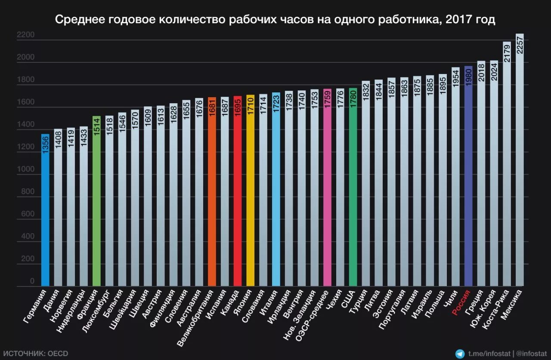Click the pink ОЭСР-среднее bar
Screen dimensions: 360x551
pyautogui.click(x=327, y=194)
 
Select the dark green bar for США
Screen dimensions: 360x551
pyautogui.click(x=353, y=194)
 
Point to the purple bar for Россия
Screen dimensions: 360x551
pyautogui.click(x=468, y=181)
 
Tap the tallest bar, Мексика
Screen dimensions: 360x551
pyautogui.click(x=520, y=172)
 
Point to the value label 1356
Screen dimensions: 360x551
pyautogui.click(x=45, y=144)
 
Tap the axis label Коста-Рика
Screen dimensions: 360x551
pyautogui.click(x=495, y=310)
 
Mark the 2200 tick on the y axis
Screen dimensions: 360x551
pyautogui.click(x=26, y=35)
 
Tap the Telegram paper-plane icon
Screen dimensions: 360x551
pyautogui.click(x=460, y=354)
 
